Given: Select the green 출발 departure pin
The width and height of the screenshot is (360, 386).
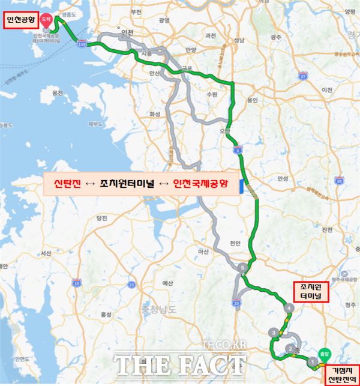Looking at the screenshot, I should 325,354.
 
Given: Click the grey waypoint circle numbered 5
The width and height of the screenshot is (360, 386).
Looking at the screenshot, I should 242,267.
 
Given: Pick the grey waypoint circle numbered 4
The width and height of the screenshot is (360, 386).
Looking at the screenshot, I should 290,309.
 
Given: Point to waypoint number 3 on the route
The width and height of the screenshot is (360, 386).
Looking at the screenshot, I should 274,332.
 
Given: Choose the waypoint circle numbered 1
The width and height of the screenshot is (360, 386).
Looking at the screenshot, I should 312,362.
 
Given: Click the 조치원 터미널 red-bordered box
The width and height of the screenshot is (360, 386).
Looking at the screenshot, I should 308,292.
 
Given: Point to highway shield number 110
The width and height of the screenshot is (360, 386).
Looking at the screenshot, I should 81,44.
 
